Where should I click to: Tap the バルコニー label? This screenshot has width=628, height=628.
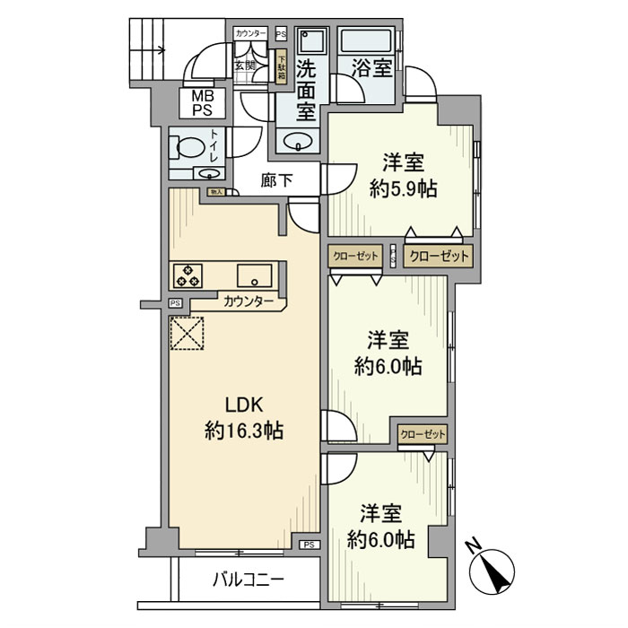(x=249, y=578)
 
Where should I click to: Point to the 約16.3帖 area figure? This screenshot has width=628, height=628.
(x=244, y=431)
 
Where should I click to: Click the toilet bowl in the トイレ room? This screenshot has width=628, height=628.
(x=188, y=146)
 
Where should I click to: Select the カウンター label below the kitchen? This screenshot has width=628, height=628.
(x=249, y=302)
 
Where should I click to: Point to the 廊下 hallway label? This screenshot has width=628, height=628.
(x=277, y=179)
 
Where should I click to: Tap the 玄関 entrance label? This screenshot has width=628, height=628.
(x=245, y=65)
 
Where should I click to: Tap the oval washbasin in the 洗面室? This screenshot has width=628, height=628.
(x=295, y=141)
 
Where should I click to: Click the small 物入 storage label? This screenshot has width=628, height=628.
(x=215, y=192)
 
